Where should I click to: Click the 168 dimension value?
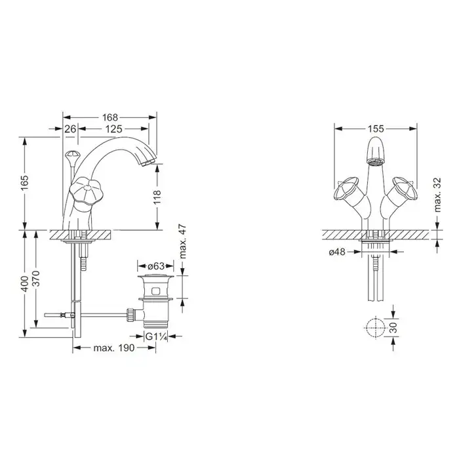pos(110,117)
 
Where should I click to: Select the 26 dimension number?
pos(70,129)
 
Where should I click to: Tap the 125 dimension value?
pos(113,129)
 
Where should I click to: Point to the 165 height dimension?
pos(25,182)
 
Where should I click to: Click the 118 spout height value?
pos(157,197)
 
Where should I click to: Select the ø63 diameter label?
pos(156,266)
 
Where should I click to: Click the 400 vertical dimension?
pos(25,284)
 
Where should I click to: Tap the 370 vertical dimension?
pos(35,279)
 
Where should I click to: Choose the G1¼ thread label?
pos(156,336)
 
